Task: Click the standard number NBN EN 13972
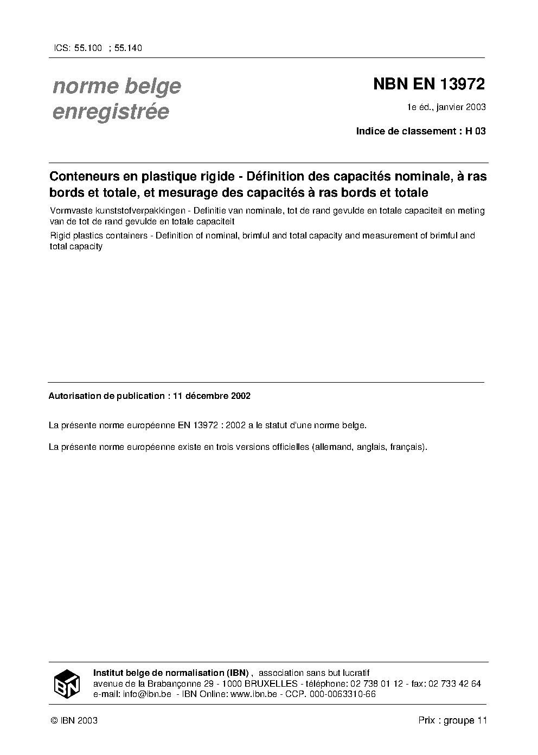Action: [x=428, y=85]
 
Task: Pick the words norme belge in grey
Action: [x=117, y=86]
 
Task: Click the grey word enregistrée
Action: [x=111, y=112]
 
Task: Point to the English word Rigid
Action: [x=58, y=236]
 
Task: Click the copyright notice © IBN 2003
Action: [x=74, y=721]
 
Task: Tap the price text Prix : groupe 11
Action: [x=453, y=721]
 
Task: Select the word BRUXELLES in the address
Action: [x=271, y=684]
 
